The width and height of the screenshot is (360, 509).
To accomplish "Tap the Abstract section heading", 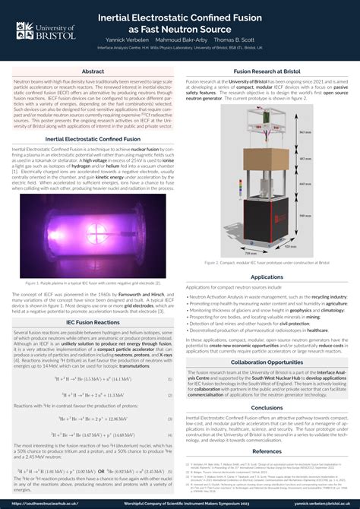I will (x=93, y=71).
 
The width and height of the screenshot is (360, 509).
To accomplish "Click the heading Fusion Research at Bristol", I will (x=267, y=71).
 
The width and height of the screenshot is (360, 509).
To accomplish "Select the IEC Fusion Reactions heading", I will (x=93, y=323).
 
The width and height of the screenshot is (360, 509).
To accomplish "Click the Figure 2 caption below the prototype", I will (x=267, y=262).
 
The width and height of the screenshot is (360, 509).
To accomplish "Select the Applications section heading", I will (x=267, y=277).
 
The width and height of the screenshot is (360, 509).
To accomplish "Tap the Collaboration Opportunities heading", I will (x=267, y=362).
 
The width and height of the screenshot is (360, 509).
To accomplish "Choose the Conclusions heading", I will (x=267, y=407).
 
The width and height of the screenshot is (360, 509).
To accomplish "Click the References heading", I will (x=267, y=451).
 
